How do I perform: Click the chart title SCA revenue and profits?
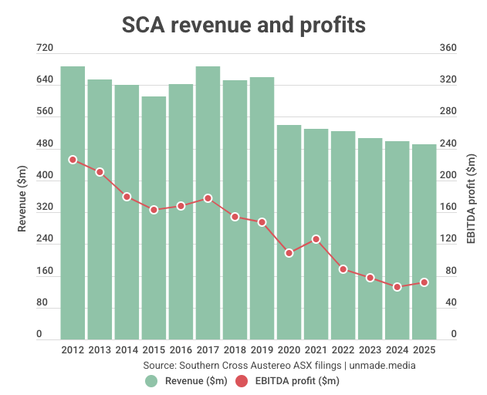pyautogui.click(x=244, y=25)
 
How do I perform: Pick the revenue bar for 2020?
pyautogui.click(x=289, y=232)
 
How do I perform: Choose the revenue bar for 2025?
pyautogui.click(x=424, y=242)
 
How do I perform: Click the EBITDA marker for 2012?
pyautogui.click(x=73, y=160)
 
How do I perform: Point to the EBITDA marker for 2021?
pyautogui.click(x=316, y=239)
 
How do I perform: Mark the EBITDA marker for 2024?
pyautogui.click(x=397, y=287)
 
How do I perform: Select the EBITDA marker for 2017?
pyautogui.click(x=208, y=198)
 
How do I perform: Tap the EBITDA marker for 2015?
pyautogui.click(x=154, y=210)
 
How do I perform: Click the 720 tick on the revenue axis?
pyautogui.click(x=45, y=48)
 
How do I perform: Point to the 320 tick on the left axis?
pyautogui.click(x=45, y=208)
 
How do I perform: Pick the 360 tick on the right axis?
pyautogui.click(x=448, y=48)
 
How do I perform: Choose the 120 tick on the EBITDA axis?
pyautogui.click(x=448, y=240)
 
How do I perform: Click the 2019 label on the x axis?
pyautogui.click(x=262, y=349)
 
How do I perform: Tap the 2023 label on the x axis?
pyautogui.click(x=370, y=349)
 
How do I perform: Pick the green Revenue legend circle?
pyautogui.click(x=151, y=380)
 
